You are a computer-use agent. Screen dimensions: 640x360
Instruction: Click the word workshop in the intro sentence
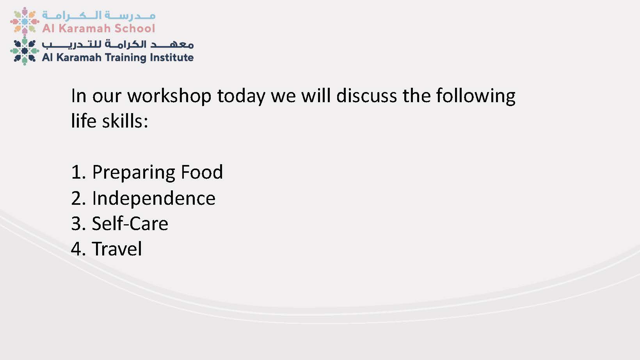(x=169, y=96)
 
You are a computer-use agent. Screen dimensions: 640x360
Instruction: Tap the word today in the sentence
(x=241, y=96)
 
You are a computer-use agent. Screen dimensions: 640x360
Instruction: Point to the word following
(x=476, y=96)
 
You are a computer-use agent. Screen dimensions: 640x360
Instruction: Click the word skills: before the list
(x=125, y=121)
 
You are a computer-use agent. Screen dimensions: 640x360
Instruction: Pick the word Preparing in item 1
(x=133, y=172)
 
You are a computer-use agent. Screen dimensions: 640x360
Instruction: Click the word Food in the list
(x=202, y=172)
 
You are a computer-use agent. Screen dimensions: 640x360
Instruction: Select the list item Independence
(x=153, y=198)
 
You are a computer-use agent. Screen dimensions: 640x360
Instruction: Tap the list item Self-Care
(x=130, y=223)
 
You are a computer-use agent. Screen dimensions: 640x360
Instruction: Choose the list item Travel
(x=117, y=249)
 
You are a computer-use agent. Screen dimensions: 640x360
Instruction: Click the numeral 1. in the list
(x=78, y=172)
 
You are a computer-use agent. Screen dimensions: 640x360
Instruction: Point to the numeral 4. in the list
(x=78, y=249)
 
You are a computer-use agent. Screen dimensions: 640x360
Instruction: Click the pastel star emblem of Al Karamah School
(x=25, y=21)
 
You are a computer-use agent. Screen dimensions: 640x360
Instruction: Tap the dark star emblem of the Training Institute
(x=25, y=51)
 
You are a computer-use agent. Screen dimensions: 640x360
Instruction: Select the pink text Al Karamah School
(x=99, y=28)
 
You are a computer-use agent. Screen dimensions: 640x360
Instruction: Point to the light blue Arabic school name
(x=99, y=16)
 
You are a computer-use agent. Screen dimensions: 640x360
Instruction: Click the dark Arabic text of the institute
(x=118, y=44)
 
